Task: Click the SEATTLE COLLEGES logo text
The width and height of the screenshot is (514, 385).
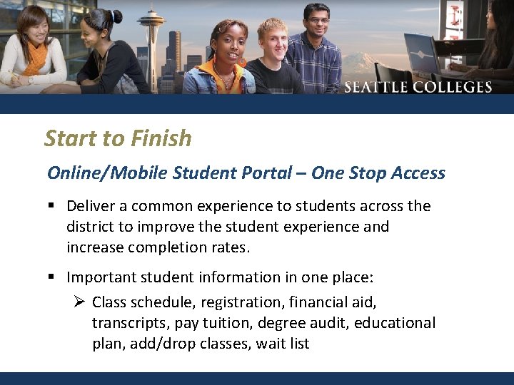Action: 418,88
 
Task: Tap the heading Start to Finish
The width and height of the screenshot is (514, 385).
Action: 118,138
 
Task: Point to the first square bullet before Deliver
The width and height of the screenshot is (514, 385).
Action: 52,207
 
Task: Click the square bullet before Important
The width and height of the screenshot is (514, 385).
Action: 52,277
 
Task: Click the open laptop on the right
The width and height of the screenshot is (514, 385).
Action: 423,53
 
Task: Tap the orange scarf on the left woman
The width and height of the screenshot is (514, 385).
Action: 33,61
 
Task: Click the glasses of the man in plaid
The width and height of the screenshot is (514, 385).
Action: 315,21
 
